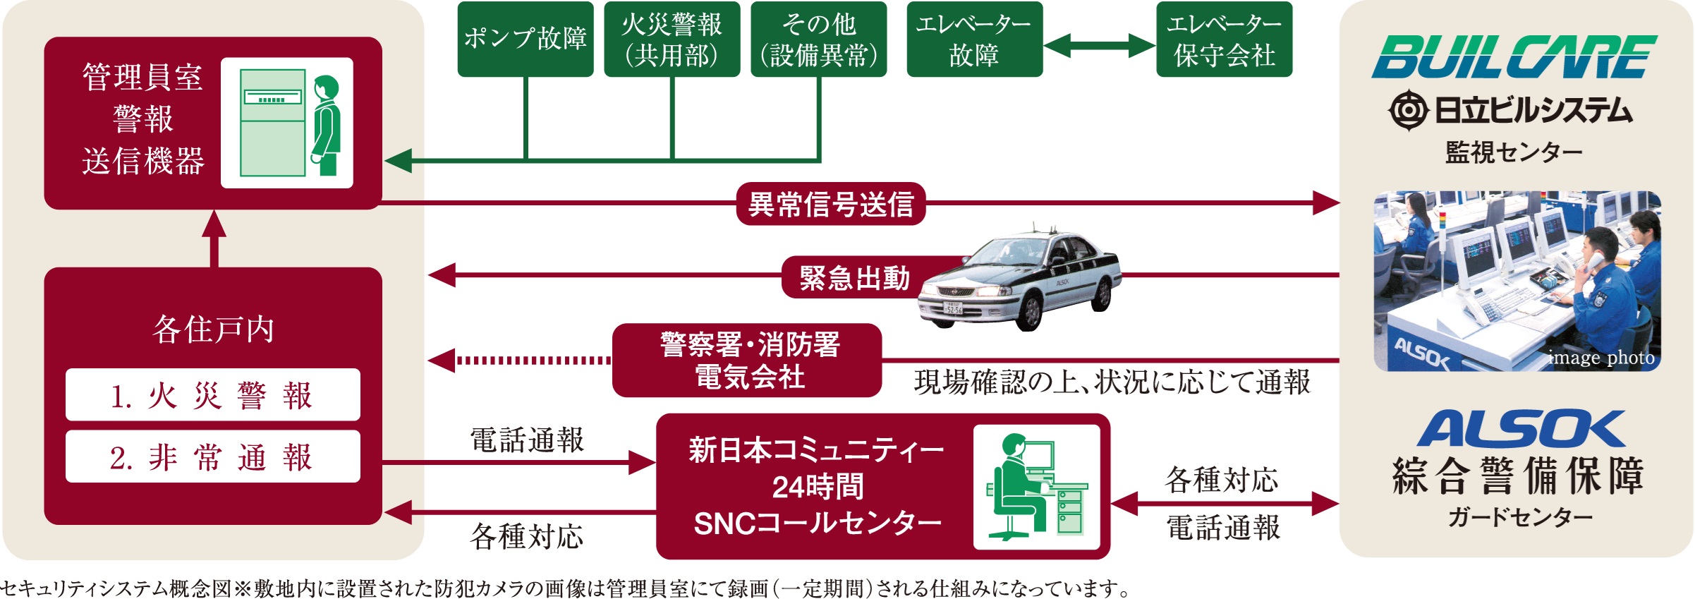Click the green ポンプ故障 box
(x=525, y=39)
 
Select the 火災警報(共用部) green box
(x=672, y=39)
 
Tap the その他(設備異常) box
(x=818, y=39)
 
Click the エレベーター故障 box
(x=974, y=39)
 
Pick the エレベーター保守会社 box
(x=1224, y=39)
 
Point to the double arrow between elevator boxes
(x=1099, y=46)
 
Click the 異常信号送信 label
(x=830, y=204)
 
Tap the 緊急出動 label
(x=854, y=277)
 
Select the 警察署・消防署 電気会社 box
(x=748, y=361)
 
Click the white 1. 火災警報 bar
(x=212, y=395)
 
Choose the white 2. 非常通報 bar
(x=212, y=457)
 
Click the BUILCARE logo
(x=1514, y=57)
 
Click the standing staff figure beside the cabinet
(x=327, y=123)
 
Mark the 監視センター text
(x=1514, y=152)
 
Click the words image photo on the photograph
(x=1601, y=358)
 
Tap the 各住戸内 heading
(x=213, y=329)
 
